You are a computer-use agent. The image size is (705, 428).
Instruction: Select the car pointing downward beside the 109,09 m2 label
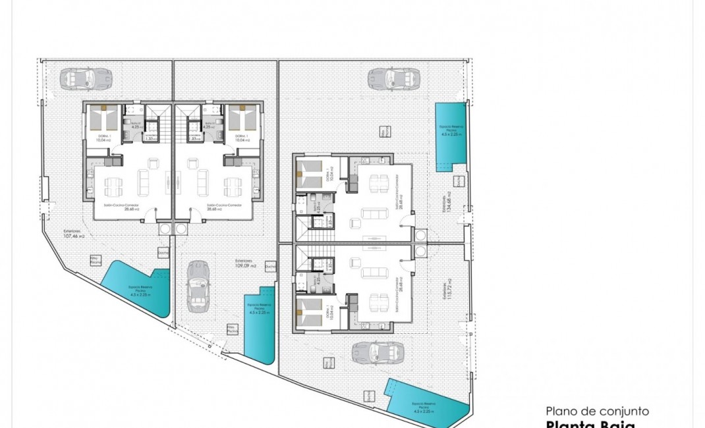point(197,286)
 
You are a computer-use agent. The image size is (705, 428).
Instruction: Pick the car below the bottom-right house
point(378,352)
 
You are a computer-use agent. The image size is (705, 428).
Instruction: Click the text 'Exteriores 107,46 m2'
point(74,233)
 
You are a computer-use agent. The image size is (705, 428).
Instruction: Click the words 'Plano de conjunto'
point(598,411)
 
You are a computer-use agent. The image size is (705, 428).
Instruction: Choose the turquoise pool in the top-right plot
point(451,137)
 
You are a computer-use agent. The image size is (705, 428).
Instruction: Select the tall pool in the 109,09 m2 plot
point(259,323)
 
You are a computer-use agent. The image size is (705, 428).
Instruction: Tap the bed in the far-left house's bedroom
point(103,120)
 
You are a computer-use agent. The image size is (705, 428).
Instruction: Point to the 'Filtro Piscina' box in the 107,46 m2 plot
point(96,261)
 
